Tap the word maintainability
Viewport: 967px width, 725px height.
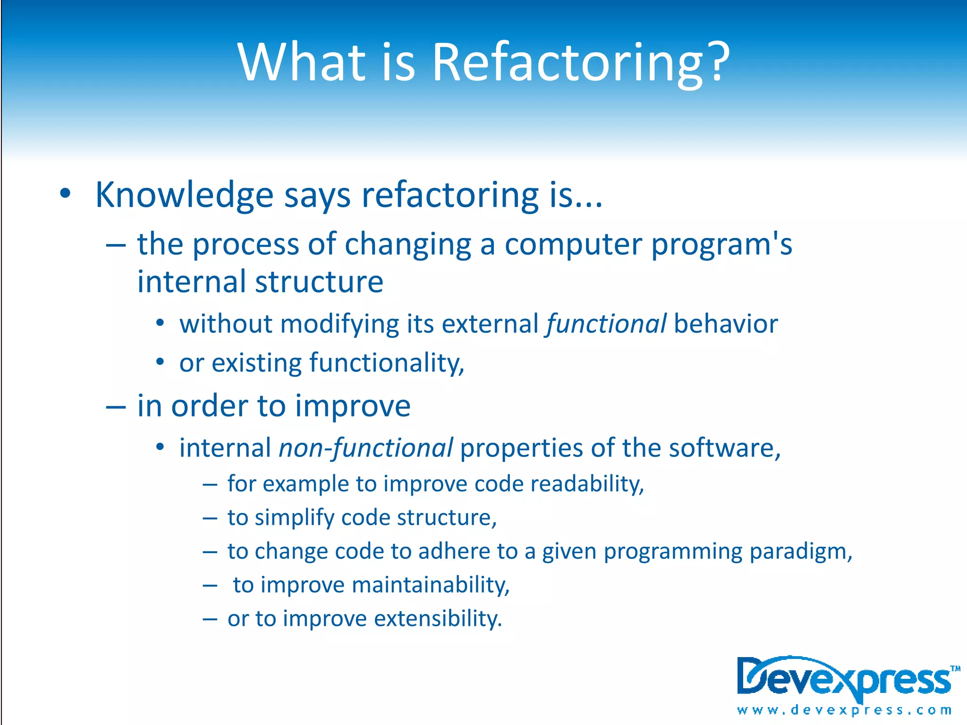pos(431,586)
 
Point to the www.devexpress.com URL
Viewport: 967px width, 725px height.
pos(844,710)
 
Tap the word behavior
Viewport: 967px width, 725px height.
pos(726,325)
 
